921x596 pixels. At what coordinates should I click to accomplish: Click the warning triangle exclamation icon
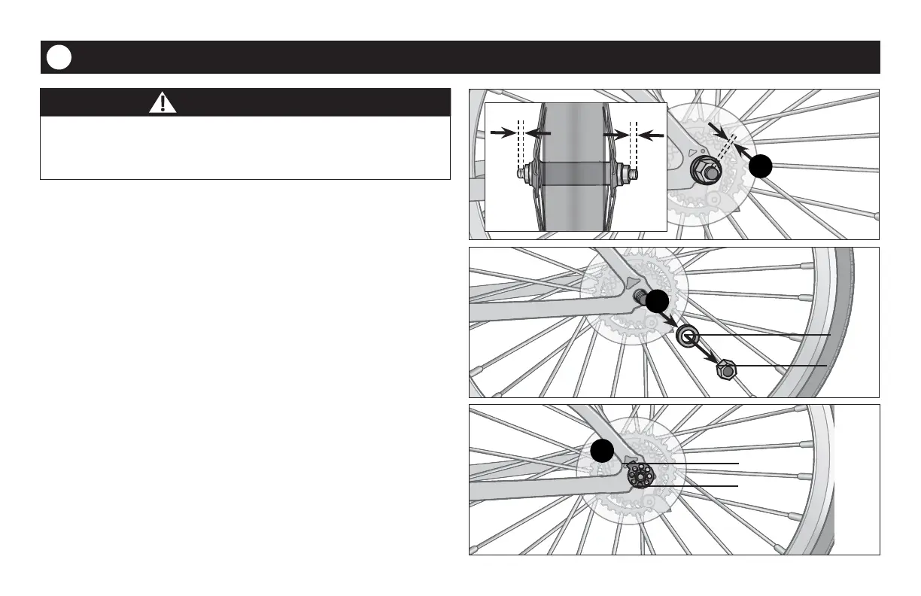coord(163,102)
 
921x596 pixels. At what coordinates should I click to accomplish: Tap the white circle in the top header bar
coord(59,58)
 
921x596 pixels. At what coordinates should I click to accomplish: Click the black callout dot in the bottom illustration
coord(602,452)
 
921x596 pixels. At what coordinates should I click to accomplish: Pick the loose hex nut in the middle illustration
coord(725,369)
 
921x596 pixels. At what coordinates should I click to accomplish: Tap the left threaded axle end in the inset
coord(520,173)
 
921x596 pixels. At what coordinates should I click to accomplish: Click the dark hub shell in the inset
coord(576,173)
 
